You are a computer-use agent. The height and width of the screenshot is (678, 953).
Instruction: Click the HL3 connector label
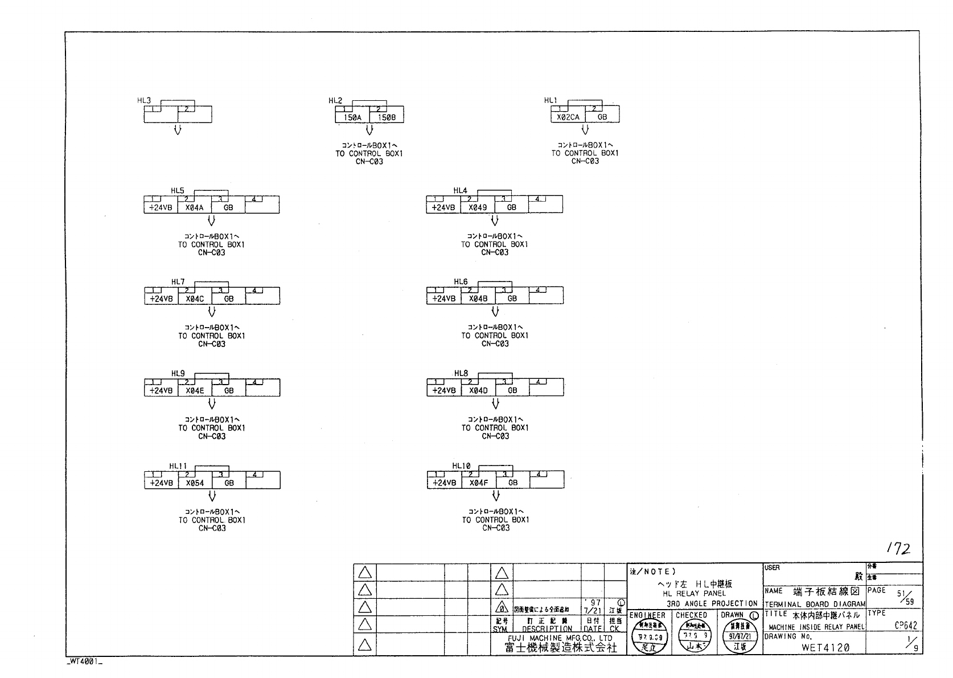click(144, 100)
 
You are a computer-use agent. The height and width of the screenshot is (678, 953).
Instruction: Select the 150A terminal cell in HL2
click(352, 117)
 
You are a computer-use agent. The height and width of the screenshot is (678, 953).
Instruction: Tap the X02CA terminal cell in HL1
click(568, 117)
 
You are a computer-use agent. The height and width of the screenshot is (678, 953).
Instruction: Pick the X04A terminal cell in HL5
click(194, 208)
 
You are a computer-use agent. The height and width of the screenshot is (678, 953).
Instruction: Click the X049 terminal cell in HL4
click(478, 207)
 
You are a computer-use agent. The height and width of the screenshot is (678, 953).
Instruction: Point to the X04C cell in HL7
click(195, 299)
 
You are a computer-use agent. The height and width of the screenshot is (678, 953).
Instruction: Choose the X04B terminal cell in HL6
click(478, 299)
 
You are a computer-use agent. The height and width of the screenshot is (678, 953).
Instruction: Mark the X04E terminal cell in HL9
click(195, 391)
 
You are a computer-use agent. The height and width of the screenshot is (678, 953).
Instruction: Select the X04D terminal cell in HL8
click(478, 390)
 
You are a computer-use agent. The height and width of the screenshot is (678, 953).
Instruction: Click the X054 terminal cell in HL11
click(195, 483)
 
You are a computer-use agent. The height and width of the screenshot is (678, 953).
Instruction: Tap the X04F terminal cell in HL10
click(478, 483)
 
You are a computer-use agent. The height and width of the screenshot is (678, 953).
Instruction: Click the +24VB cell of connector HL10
click(444, 483)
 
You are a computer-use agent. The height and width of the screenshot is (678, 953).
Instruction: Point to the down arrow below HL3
click(178, 129)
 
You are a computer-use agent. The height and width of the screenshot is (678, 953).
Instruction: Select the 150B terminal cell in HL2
click(387, 117)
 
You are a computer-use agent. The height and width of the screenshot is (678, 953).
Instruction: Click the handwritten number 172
click(899, 549)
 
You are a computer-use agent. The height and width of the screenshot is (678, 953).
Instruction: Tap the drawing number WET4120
click(825, 647)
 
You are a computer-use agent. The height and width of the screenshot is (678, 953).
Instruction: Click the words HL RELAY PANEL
click(694, 593)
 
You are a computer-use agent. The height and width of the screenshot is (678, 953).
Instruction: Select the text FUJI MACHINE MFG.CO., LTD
click(560, 638)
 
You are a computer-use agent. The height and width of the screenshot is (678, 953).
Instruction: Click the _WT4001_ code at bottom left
click(84, 662)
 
